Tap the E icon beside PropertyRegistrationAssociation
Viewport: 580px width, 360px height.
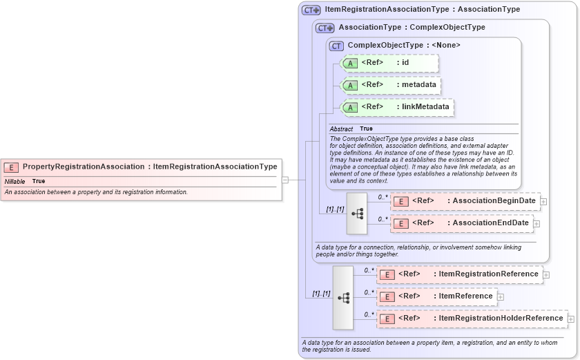click(12, 167)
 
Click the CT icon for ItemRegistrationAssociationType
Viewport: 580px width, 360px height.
click(311, 10)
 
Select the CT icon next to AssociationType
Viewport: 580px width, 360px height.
click(325, 28)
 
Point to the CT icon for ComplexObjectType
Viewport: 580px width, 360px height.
click(336, 46)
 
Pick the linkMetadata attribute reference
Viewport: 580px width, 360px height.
click(398, 107)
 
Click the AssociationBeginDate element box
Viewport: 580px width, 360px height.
click(465, 201)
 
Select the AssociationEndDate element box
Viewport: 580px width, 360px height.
click(462, 223)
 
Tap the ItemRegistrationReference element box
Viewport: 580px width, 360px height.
click(460, 274)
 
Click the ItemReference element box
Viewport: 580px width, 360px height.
click(437, 296)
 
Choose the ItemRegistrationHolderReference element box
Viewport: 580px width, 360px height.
click(472, 319)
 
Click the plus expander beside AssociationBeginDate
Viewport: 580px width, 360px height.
click(544, 202)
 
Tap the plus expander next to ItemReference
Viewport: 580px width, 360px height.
click(501, 297)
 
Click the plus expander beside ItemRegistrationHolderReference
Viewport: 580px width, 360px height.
click(571, 319)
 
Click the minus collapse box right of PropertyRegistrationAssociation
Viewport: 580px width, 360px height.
click(284, 180)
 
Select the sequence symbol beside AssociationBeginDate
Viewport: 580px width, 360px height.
click(357, 214)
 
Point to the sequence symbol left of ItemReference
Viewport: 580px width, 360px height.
click(343, 297)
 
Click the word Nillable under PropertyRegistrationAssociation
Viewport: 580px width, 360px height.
click(15, 181)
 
